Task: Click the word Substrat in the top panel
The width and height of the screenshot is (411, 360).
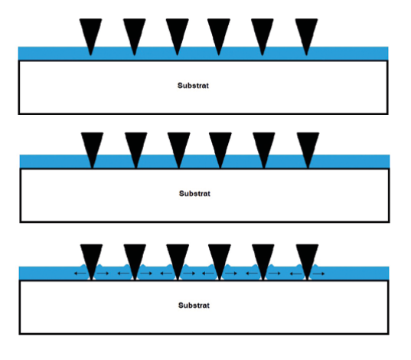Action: coord(193,86)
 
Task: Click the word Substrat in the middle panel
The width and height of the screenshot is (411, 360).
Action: coord(194,193)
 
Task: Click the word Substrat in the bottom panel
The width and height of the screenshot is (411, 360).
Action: coord(194,305)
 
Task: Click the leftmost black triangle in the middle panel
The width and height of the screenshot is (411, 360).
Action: coord(92,146)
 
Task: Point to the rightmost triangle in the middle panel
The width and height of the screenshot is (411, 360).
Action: coord(308,146)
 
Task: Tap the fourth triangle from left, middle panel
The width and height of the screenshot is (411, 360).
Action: coord(220,146)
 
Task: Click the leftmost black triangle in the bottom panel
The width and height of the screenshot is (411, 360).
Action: coord(91,258)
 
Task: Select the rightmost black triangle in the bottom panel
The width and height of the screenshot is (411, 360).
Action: coord(307,258)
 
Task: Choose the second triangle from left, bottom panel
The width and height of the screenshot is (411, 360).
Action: coord(135,258)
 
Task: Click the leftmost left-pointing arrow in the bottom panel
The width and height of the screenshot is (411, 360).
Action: coord(80,273)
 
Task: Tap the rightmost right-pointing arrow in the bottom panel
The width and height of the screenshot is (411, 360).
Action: coord(318,273)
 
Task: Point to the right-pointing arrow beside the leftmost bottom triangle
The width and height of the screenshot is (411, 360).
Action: coord(103,273)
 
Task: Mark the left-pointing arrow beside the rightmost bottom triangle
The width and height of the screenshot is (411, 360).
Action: coord(295,273)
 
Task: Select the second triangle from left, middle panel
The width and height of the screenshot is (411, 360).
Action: coord(135,146)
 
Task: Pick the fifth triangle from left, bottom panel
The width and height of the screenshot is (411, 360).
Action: coord(263,258)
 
